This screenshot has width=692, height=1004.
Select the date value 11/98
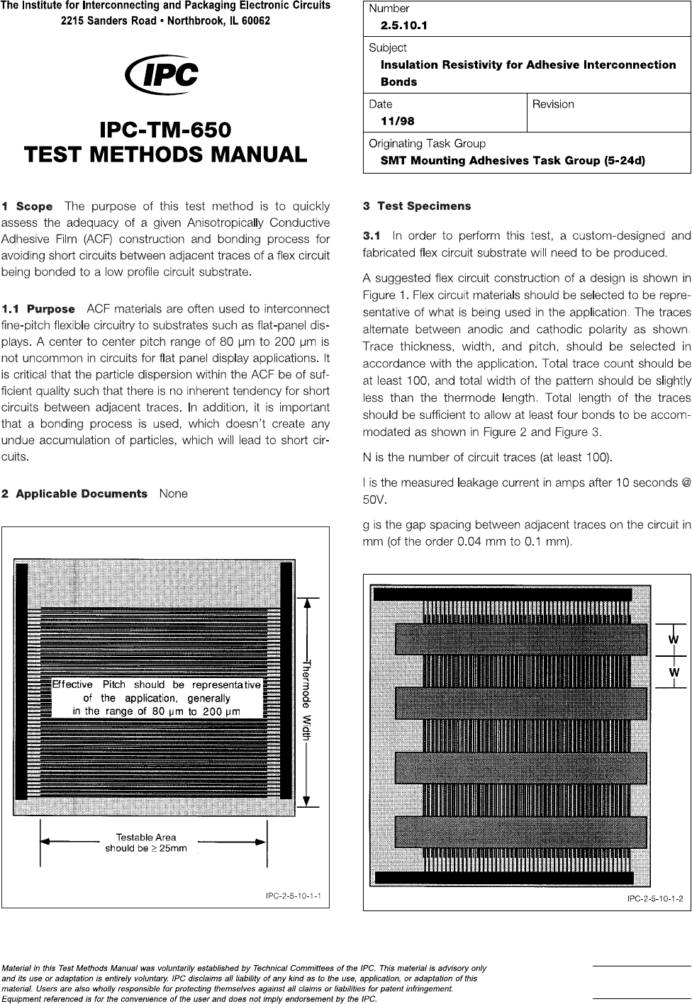398,120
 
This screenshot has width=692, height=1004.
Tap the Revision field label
553,104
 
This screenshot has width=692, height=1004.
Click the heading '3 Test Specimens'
417,206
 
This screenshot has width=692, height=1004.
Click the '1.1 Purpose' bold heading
38,309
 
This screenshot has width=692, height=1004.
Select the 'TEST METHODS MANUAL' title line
165,154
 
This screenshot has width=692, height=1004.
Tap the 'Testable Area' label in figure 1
146,837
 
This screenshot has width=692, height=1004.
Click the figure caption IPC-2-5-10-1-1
294,896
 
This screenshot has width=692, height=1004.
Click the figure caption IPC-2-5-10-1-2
655,898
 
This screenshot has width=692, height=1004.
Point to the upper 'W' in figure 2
674,640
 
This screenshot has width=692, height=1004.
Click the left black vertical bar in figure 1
21,681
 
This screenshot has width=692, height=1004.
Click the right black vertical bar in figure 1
286,681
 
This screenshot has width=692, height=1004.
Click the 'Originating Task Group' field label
427,143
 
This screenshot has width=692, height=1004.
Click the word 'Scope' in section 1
34,207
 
